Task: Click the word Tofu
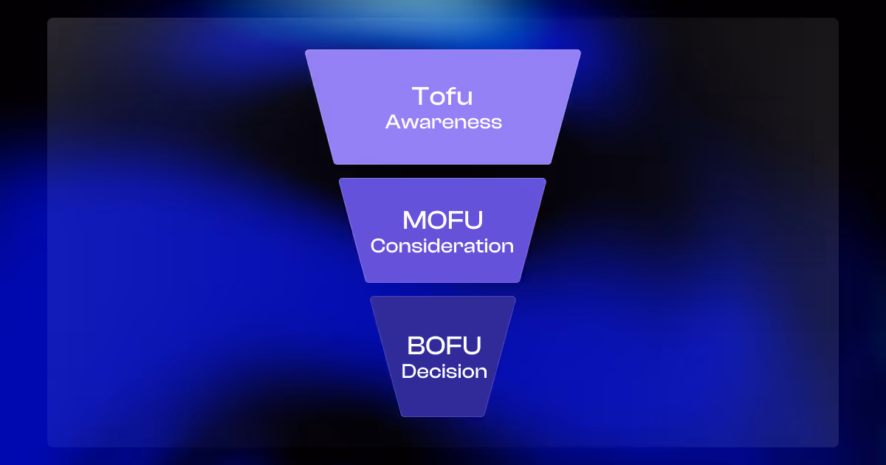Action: (442, 97)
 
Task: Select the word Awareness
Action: (443, 122)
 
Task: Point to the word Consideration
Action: (442, 246)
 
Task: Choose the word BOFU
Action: (444, 345)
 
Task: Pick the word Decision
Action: (444, 371)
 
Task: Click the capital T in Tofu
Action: (420, 97)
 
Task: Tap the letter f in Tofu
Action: (451, 96)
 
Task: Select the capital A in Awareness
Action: (393, 122)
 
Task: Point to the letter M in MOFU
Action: (414, 220)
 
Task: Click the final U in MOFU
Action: (473, 220)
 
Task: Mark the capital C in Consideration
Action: (378, 246)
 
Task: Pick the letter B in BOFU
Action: (416, 345)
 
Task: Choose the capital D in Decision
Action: (408, 371)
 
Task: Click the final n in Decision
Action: (481, 371)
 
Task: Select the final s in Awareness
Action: (496, 123)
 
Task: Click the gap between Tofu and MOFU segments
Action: (443, 171)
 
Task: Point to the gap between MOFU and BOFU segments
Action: (443, 289)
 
